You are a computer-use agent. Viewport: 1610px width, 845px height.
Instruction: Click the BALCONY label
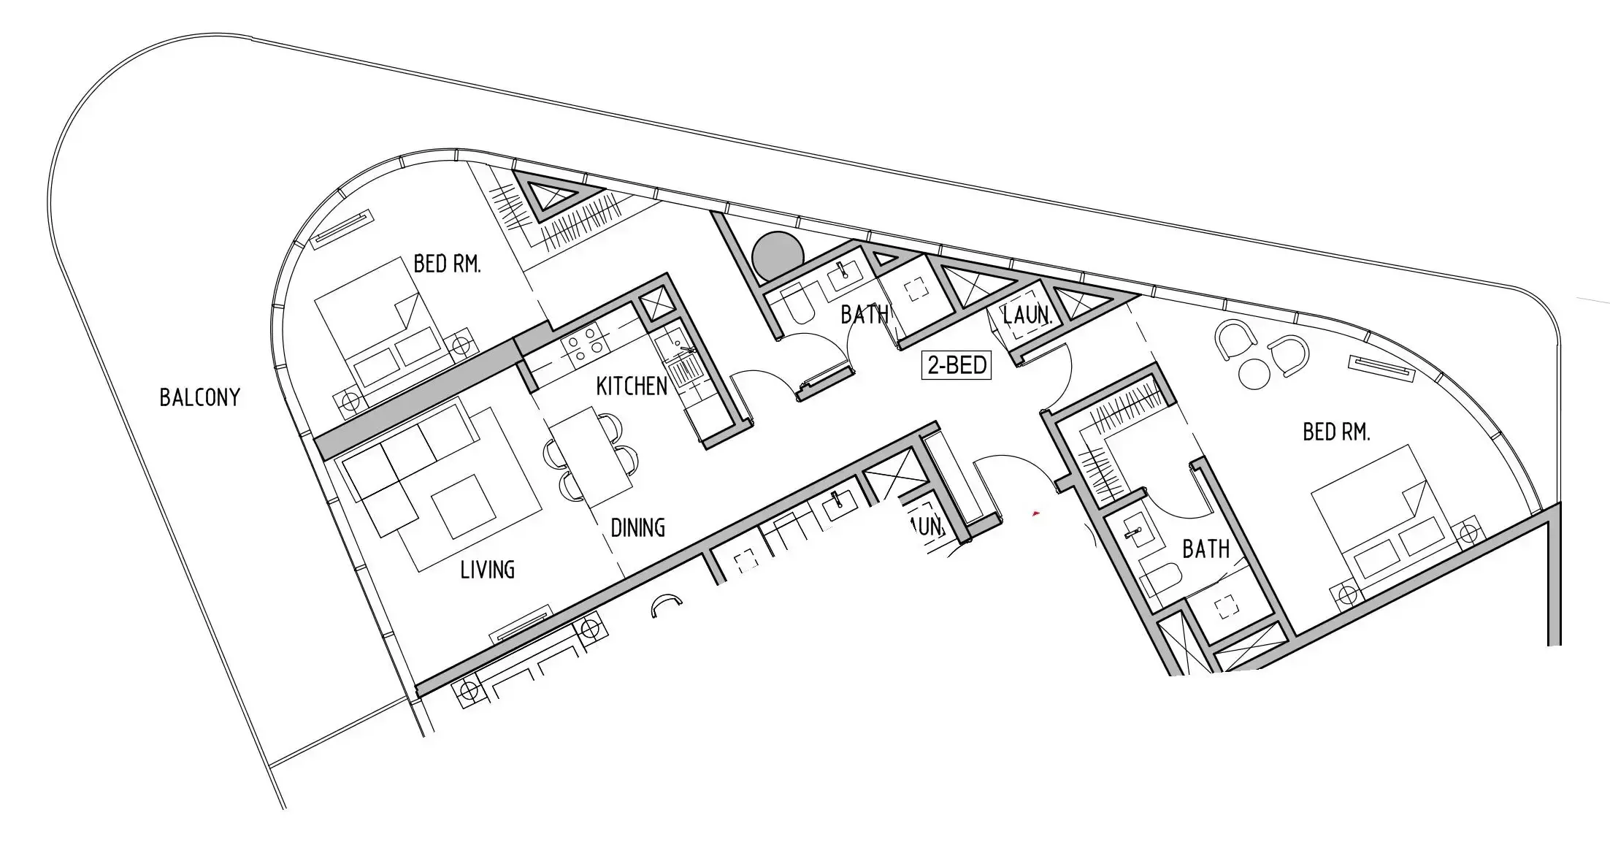(199, 398)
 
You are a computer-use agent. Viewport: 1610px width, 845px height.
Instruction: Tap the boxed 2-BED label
(957, 364)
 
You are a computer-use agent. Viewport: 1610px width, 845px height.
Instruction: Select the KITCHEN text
(632, 386)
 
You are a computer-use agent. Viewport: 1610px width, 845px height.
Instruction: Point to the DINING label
(637, 527)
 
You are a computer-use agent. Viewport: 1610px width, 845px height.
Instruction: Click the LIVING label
(487, 570)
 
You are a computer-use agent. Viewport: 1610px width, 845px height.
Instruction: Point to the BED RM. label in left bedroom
(447, 264)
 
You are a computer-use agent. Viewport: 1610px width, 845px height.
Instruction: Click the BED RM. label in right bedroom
(1336, 432)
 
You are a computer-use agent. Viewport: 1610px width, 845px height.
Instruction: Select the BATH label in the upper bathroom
(865, 315)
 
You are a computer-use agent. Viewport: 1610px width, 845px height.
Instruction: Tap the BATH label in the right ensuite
(1205, 549)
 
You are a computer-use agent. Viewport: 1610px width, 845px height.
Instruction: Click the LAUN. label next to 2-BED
(1027, 316)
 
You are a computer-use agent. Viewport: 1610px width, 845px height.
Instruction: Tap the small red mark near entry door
(1035, 514)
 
